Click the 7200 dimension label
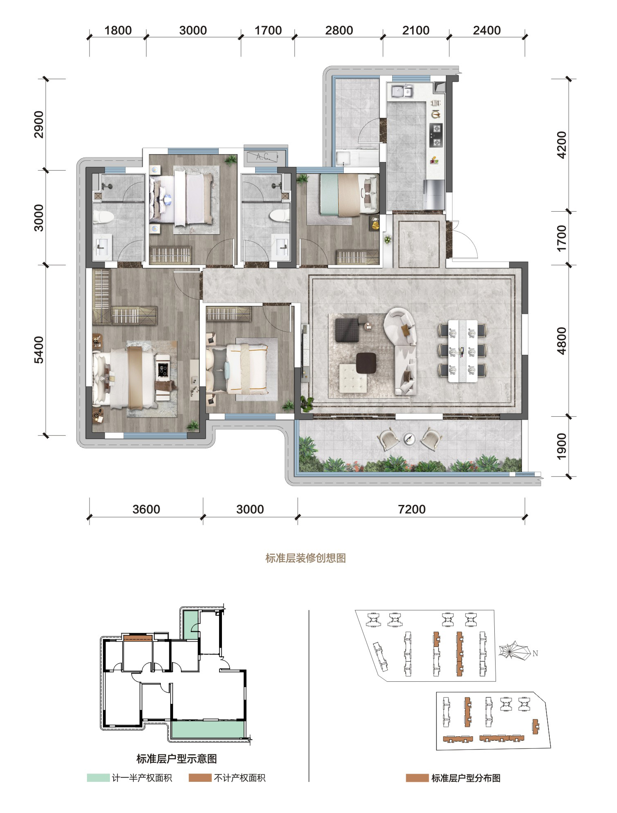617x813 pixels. (411, 509)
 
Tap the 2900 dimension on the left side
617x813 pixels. (39, 124)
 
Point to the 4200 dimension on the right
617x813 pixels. (562, 145)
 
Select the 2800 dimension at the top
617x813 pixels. (339, 30)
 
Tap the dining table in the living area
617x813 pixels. (463, 351)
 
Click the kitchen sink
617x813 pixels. (402, 91)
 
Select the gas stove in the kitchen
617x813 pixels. (436, 135)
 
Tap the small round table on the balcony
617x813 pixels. (409, 438)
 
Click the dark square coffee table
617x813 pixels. (366, 363)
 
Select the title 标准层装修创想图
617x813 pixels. (306, 558)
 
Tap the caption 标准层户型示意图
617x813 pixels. (176, 759)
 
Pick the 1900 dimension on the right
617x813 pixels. (562, 446)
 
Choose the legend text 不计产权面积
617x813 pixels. (240, 778)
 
